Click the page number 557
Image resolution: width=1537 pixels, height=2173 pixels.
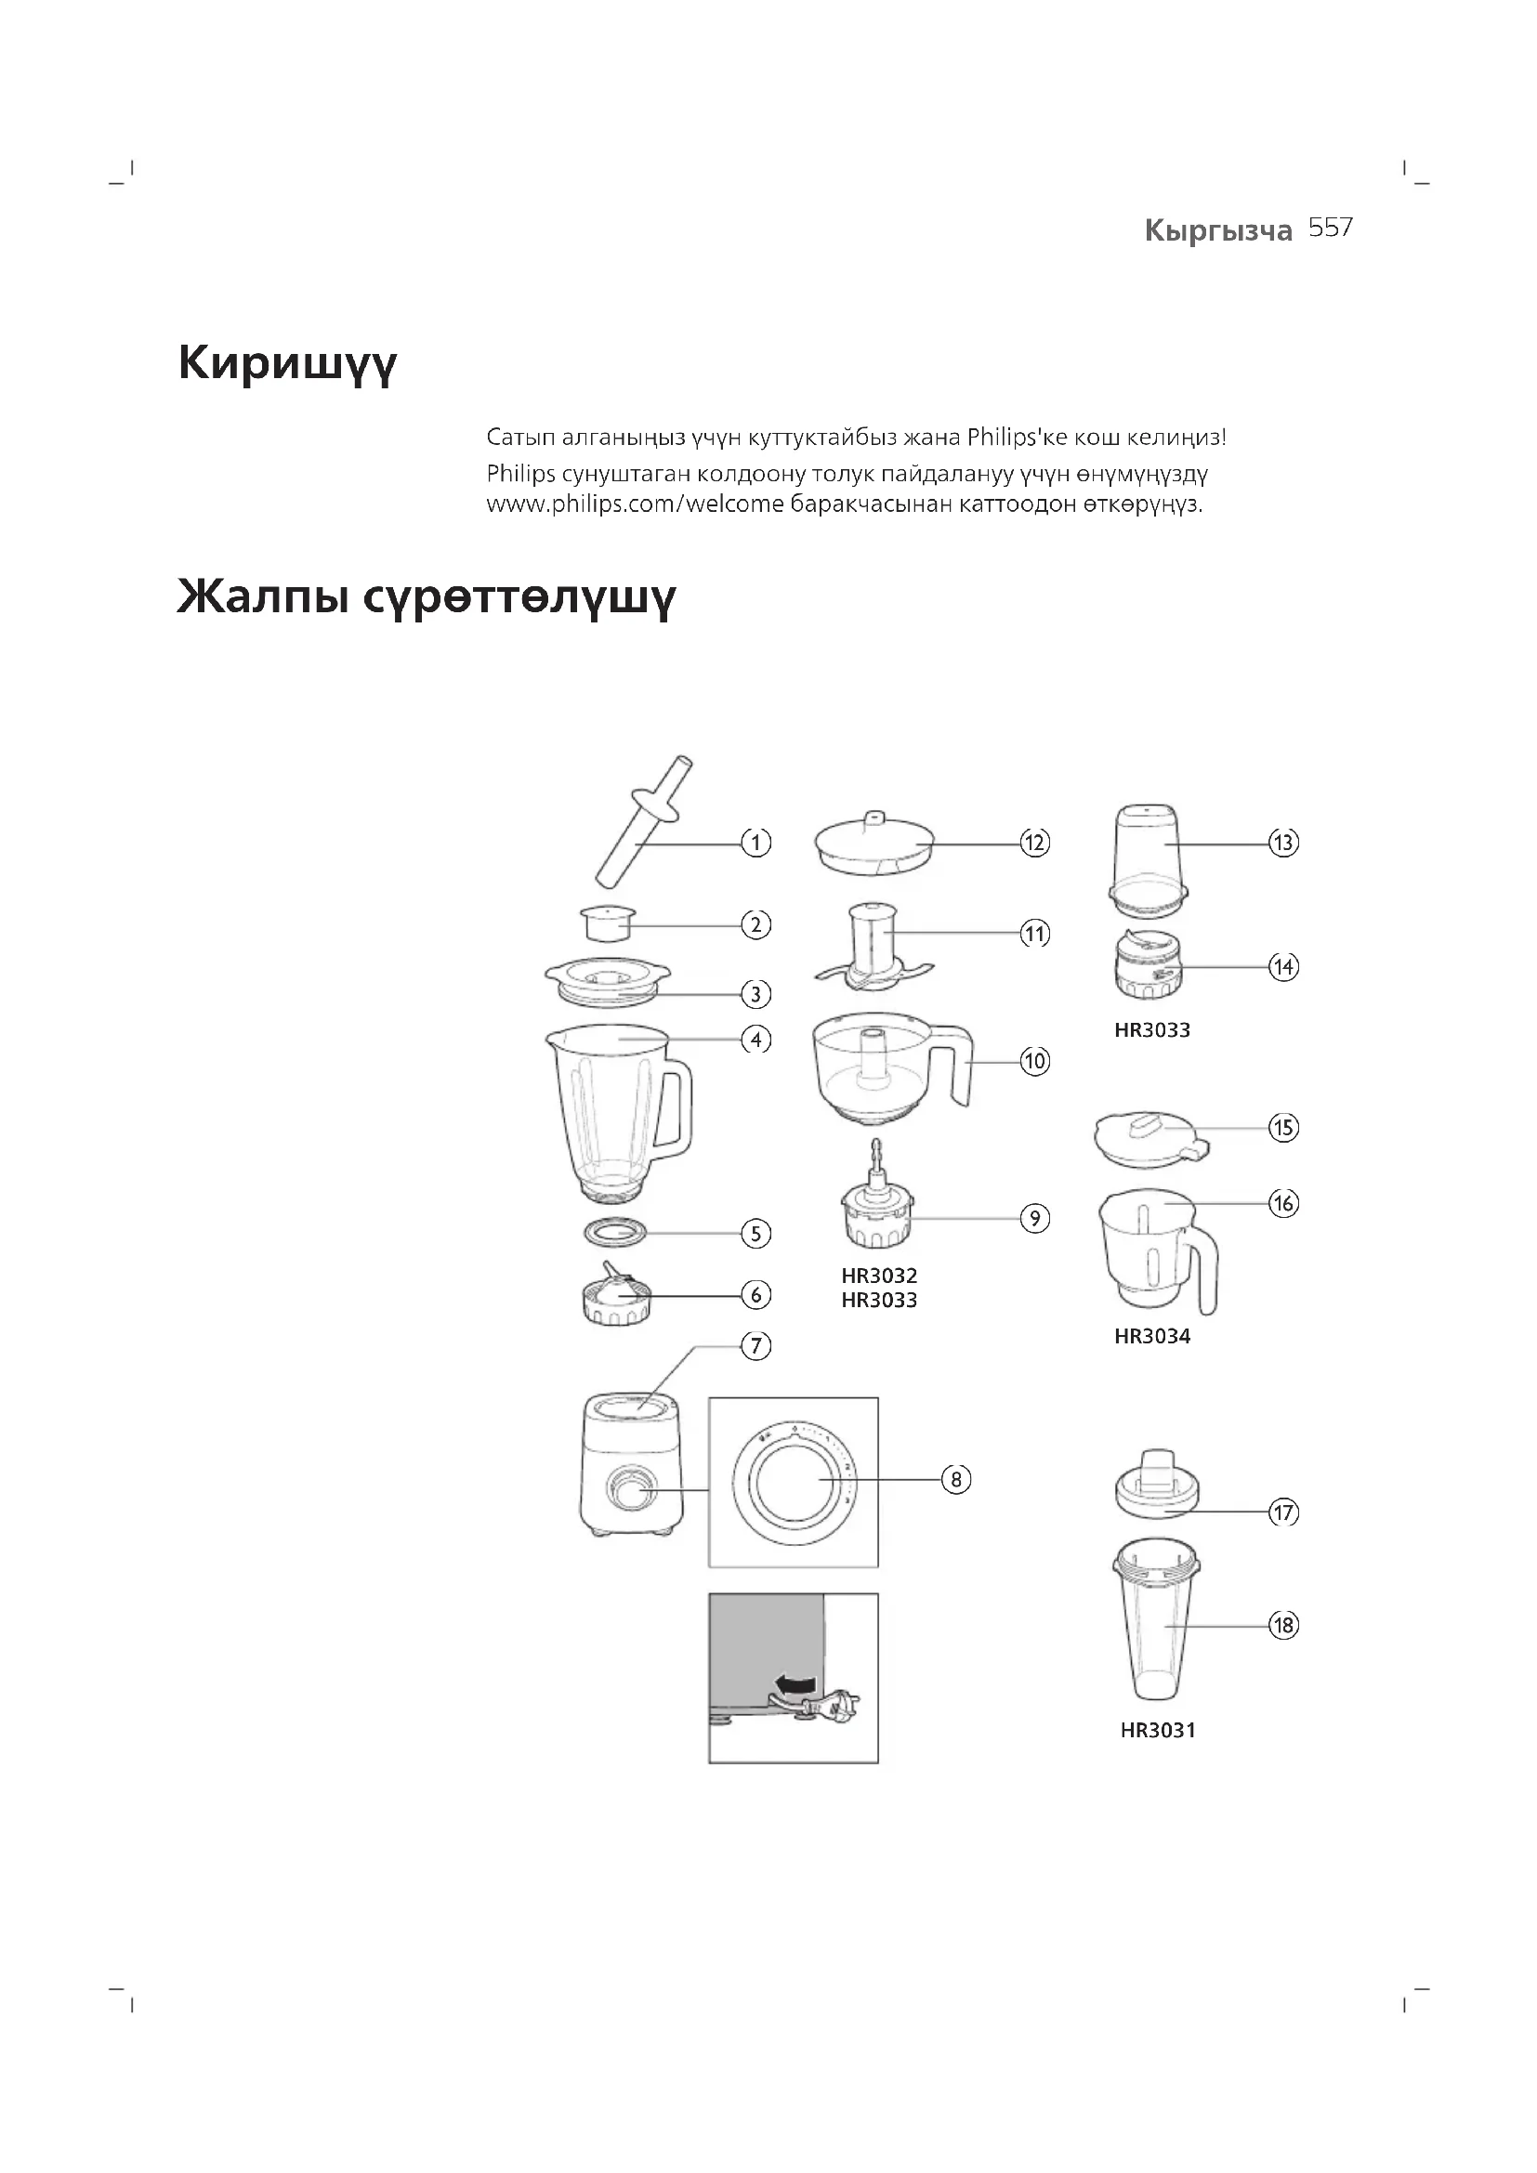(x=1331, y=229)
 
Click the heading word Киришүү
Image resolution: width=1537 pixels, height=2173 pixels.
(x=288, y=364)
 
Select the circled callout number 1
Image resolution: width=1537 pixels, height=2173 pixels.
(x=755, y=843)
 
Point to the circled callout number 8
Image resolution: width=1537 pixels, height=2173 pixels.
(x=956, y=1479)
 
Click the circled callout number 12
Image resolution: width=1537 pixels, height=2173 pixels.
(x=1034, y=843)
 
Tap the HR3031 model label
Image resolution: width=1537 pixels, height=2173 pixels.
(x=1158, y=1731)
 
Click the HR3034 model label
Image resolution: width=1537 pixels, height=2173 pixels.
(x=1151, y=1336)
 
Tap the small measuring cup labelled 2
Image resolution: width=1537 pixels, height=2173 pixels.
(x=607, y=923)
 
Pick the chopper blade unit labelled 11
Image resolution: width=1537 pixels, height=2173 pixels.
(x=874, y=949)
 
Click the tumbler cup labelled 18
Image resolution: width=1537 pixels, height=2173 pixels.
(x=1159, y=1629)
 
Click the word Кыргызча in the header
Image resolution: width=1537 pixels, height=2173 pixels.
(x=1218, y=230)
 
